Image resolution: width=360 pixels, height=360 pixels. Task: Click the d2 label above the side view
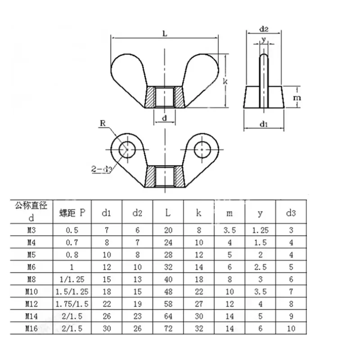click(264, 29)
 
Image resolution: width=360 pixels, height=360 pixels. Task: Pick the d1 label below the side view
click(264, 125)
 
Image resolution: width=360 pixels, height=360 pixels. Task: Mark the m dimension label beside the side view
click(297, 98)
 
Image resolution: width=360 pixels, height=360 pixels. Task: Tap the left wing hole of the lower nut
click(127, 148)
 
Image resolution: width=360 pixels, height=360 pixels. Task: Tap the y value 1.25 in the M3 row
click(260, 230)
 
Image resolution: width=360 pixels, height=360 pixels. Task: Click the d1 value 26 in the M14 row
click(107, 316)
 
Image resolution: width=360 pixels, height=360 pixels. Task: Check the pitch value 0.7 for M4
click(72, 242)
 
